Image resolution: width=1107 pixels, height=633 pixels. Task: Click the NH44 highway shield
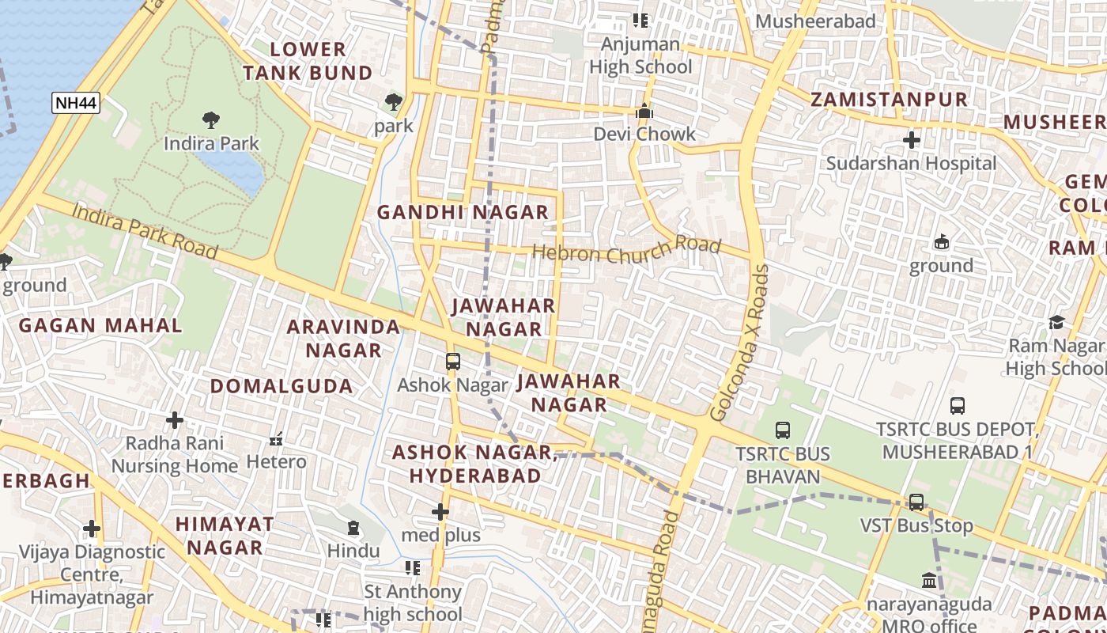tap(76, 102)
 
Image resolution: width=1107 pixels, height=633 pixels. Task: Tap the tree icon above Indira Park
tap(210, 120)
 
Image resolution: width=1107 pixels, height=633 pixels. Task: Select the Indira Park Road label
tap(144, 230)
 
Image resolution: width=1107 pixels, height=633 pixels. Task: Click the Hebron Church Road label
tap(626, 252)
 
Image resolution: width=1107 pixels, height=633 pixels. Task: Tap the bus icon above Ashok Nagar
tap(452, 362)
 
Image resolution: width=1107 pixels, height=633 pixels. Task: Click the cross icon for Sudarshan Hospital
tap(911, 140)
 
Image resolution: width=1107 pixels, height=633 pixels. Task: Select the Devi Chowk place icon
tap(644, 111)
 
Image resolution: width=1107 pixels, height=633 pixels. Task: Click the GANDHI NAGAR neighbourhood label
tap(462, 212)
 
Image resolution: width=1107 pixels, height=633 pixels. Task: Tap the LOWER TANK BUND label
tap(307, 61)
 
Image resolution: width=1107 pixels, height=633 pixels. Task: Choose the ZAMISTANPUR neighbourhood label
tap(889, 100)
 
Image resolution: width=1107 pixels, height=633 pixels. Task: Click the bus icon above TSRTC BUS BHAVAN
tap(782, 430)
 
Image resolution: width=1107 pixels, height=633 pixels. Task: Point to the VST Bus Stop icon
tap(916, 502)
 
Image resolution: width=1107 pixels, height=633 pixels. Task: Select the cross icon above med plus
tap(440, 512)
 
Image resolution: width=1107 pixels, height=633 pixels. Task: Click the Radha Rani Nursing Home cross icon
tap(175, 419)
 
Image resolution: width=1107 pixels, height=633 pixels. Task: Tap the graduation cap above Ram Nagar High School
tap(1056, 322)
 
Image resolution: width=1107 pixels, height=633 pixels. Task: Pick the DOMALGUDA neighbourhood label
tap(281, 386)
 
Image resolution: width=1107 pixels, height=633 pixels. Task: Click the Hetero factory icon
tap(276, 438)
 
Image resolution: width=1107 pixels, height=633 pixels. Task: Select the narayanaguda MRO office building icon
tap(929, 581)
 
